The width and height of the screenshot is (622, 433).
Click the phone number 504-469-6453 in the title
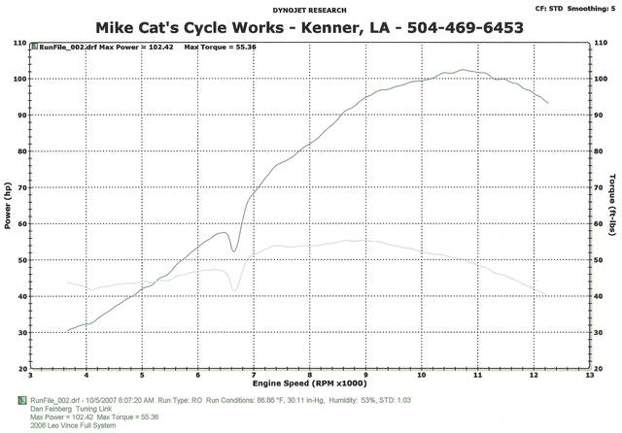tap(453, 28)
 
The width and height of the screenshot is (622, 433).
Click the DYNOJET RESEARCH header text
tap(311, 11)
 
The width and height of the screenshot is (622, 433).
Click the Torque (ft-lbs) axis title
tap(615, 206)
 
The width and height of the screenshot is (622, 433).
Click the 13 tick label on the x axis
tap(590, 376)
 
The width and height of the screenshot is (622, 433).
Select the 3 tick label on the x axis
tap(31, 376)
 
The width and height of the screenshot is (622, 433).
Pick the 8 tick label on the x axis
tap(310, 376)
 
